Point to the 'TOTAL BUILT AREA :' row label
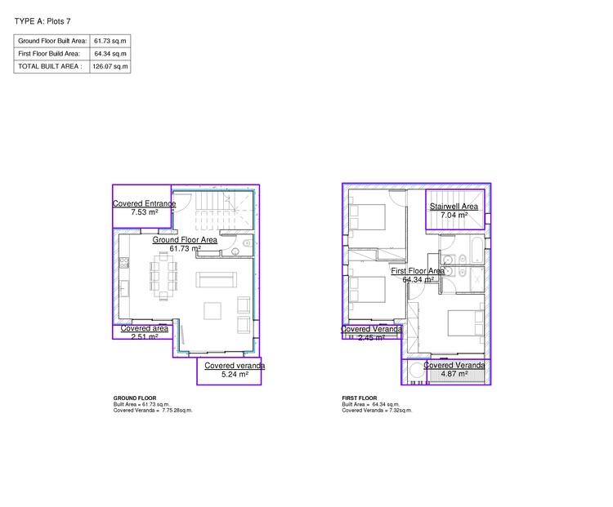coord(50,66)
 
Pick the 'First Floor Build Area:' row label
coord(49,53)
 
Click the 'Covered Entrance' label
coord(144,203)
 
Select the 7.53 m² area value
coord(144,212)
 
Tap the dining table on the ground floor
coord(163,274)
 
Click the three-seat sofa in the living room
coord(214,281)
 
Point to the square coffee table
coord(213,310)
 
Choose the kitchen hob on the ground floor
coord(123,263)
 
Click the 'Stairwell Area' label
coord(454,207)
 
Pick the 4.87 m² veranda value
coord(454,374)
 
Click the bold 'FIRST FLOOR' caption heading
coord(357,398)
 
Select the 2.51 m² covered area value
coord(144,336)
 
